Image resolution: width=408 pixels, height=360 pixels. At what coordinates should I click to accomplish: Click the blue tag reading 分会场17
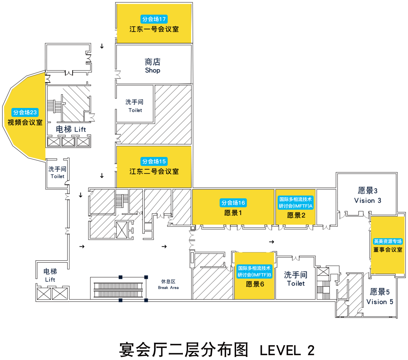tap(154, 19)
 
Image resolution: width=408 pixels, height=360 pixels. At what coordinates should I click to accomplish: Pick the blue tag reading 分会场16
tap(233, 203)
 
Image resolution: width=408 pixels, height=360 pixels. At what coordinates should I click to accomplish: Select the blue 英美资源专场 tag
tap(388, 241)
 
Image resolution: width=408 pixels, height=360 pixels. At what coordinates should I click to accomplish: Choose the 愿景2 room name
tap(296, 215)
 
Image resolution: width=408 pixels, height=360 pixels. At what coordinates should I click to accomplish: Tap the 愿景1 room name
tap(233, 213)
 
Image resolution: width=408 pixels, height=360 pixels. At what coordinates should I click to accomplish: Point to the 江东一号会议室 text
tap(154, 29)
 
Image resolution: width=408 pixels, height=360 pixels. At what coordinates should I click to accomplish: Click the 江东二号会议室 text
tap(154, 172)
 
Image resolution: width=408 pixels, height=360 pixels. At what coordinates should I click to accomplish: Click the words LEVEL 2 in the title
tap(287, 350)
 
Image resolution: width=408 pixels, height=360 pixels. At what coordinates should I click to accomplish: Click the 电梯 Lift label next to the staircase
tap(71, 129)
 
